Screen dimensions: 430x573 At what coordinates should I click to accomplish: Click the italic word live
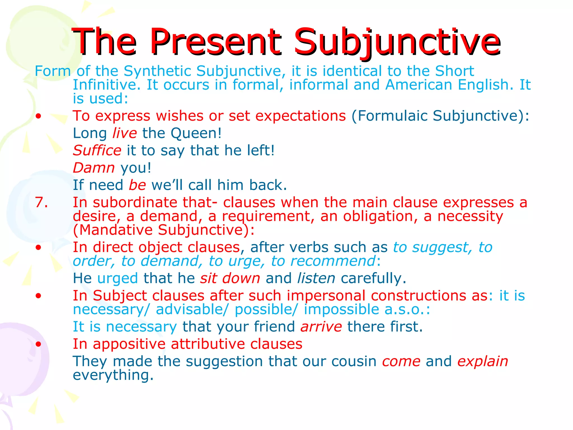125,133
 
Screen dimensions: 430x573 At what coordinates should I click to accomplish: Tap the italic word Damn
94,168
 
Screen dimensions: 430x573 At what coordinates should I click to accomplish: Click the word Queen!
196,133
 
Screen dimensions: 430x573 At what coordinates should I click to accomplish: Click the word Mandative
116,230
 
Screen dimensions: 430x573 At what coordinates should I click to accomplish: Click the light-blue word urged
118,279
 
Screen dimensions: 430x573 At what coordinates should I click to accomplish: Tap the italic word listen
316,279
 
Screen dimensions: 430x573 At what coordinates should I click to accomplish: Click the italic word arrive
321,327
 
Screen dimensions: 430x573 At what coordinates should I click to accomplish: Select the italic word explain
483,361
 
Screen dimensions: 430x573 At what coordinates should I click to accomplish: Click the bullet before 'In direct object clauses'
39,247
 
